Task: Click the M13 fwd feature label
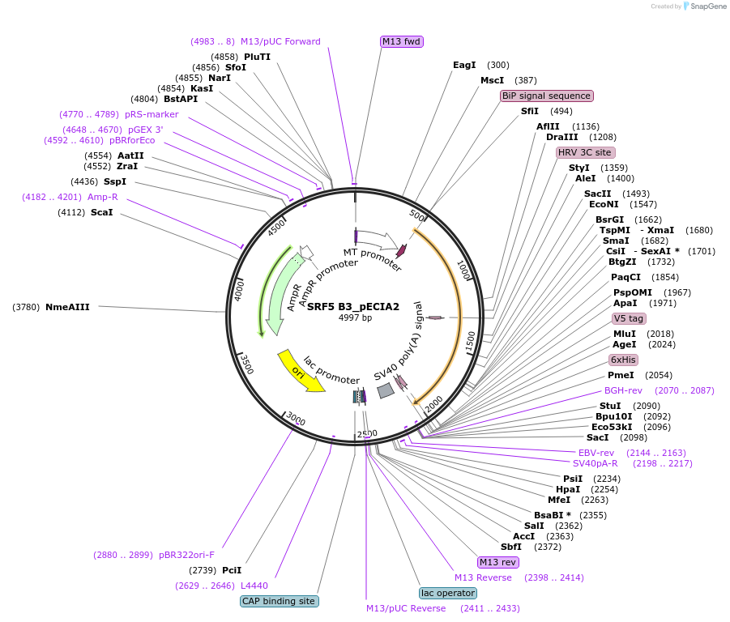tap(402, 41)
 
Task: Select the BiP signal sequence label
tap(547, 96)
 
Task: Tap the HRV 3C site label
tap(585, 152)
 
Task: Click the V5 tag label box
tap(629, 318)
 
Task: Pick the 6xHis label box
tap(623, 360)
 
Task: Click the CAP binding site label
tap(280, 601)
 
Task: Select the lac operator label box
tap(448, 593)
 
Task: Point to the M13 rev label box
tap(498, 562)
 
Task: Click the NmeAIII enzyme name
tap(67, 307)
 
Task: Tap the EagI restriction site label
tap(464, 65)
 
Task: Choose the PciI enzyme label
tap(232, 570)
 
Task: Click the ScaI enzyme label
tap(101, 212)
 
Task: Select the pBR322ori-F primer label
tap(186, 555)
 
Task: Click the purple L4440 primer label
tap(254, 586)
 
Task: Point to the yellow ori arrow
tap(301, 371)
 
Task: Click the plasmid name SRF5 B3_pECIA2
tap(353, 306)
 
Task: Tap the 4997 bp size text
tap(355, 317)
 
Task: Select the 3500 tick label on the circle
tap(247, 364)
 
